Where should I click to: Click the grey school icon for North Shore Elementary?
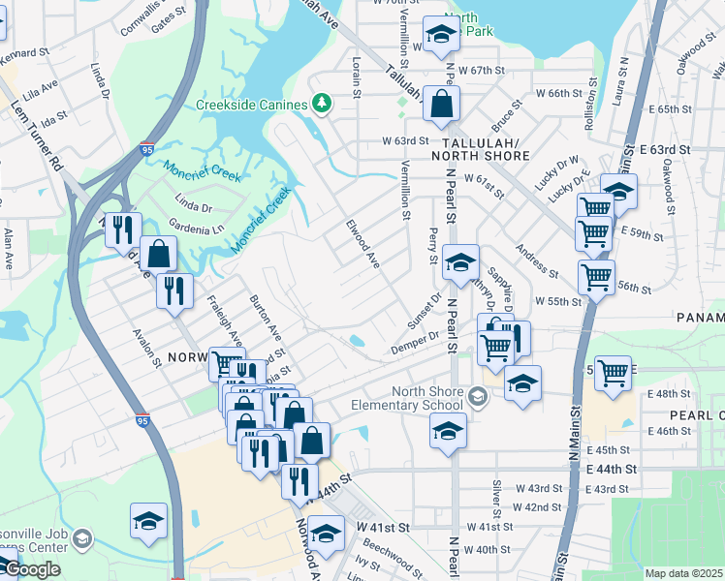pos(477,396)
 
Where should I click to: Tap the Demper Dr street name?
pos(416,342)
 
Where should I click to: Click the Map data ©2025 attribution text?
pos(683,573)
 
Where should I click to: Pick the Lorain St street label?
pos(356,82)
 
